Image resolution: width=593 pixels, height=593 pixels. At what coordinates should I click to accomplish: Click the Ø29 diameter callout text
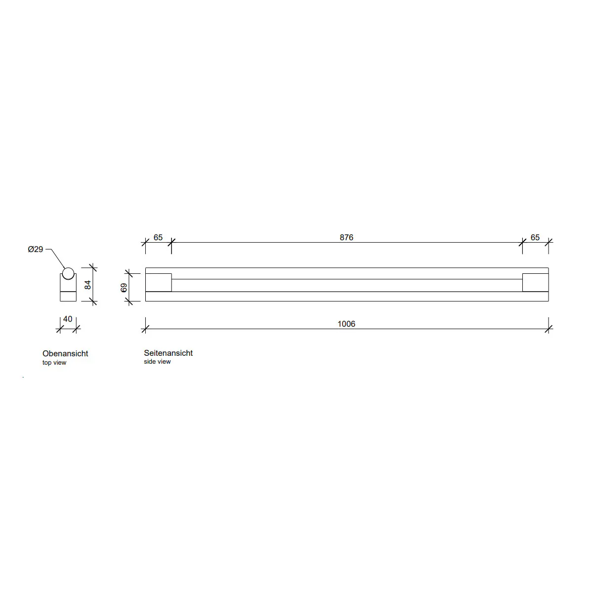36,250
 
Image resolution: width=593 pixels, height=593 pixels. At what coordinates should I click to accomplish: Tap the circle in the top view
68,273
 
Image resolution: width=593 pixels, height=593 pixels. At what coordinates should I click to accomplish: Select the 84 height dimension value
88,285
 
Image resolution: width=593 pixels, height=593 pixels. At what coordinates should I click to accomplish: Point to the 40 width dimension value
68,319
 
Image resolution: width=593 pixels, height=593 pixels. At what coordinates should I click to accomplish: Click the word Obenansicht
65,353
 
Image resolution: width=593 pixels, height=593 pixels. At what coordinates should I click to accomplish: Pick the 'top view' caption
54,363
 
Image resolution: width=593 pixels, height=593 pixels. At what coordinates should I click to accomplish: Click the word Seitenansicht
168,353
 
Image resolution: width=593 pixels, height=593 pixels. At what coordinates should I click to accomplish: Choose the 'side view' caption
157,362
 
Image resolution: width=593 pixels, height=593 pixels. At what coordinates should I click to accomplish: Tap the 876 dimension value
346,237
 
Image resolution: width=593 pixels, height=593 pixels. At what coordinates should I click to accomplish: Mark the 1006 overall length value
346,324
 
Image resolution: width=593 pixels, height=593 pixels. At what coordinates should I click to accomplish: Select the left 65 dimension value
158,237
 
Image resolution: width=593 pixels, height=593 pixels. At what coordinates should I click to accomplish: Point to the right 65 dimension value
535,237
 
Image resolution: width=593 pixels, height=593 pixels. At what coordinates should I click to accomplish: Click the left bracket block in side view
158,282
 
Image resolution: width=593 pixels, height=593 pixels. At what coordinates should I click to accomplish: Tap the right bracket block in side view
536,282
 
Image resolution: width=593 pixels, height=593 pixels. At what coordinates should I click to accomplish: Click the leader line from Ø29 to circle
57,258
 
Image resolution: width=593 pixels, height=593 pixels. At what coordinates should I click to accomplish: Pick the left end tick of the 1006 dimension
145,329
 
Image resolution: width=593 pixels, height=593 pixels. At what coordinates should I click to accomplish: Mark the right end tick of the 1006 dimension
549,329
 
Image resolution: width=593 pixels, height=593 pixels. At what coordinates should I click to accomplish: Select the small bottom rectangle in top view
68,296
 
